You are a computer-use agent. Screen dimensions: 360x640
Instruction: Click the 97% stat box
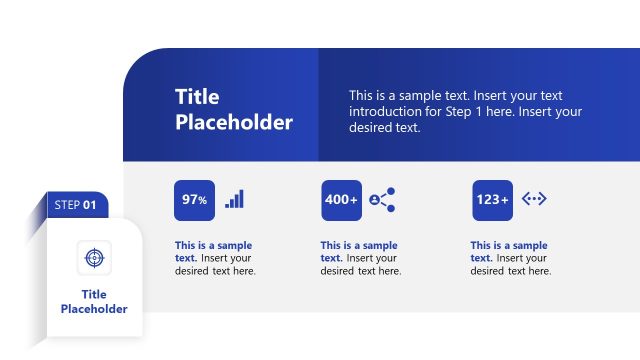click(194, 200)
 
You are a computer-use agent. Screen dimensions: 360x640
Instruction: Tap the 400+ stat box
click(341, 200)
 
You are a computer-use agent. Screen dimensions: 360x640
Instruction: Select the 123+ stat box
click(492, 200)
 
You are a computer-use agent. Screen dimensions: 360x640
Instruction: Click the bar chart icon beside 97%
click(234, 199)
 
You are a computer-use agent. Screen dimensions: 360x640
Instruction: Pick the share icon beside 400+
click(382, 199)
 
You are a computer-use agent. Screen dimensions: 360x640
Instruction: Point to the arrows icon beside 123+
click(534, 199)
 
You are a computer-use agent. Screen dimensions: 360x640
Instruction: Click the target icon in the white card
click(94, 257)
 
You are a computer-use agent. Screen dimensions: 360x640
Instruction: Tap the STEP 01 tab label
click(75, 205)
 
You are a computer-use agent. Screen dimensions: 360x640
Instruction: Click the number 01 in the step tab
click(90, 205)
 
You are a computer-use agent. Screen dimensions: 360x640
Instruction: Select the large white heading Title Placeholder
click(234, 110)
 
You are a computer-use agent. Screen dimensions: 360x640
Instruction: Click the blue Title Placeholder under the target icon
click(94, 301)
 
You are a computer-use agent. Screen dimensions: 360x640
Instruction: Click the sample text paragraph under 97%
click(215, 258)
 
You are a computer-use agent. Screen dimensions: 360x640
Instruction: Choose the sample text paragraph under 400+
click(360, 258)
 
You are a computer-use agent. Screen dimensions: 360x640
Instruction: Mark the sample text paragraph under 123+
click(510, 258)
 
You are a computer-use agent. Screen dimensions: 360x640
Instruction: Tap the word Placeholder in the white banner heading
click(234, 123)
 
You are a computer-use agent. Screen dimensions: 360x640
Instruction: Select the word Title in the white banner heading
click(197, 97)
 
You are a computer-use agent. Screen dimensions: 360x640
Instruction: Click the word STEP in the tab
click(67, 205)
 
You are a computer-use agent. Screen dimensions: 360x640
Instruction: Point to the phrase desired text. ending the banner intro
click(385, 128)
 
